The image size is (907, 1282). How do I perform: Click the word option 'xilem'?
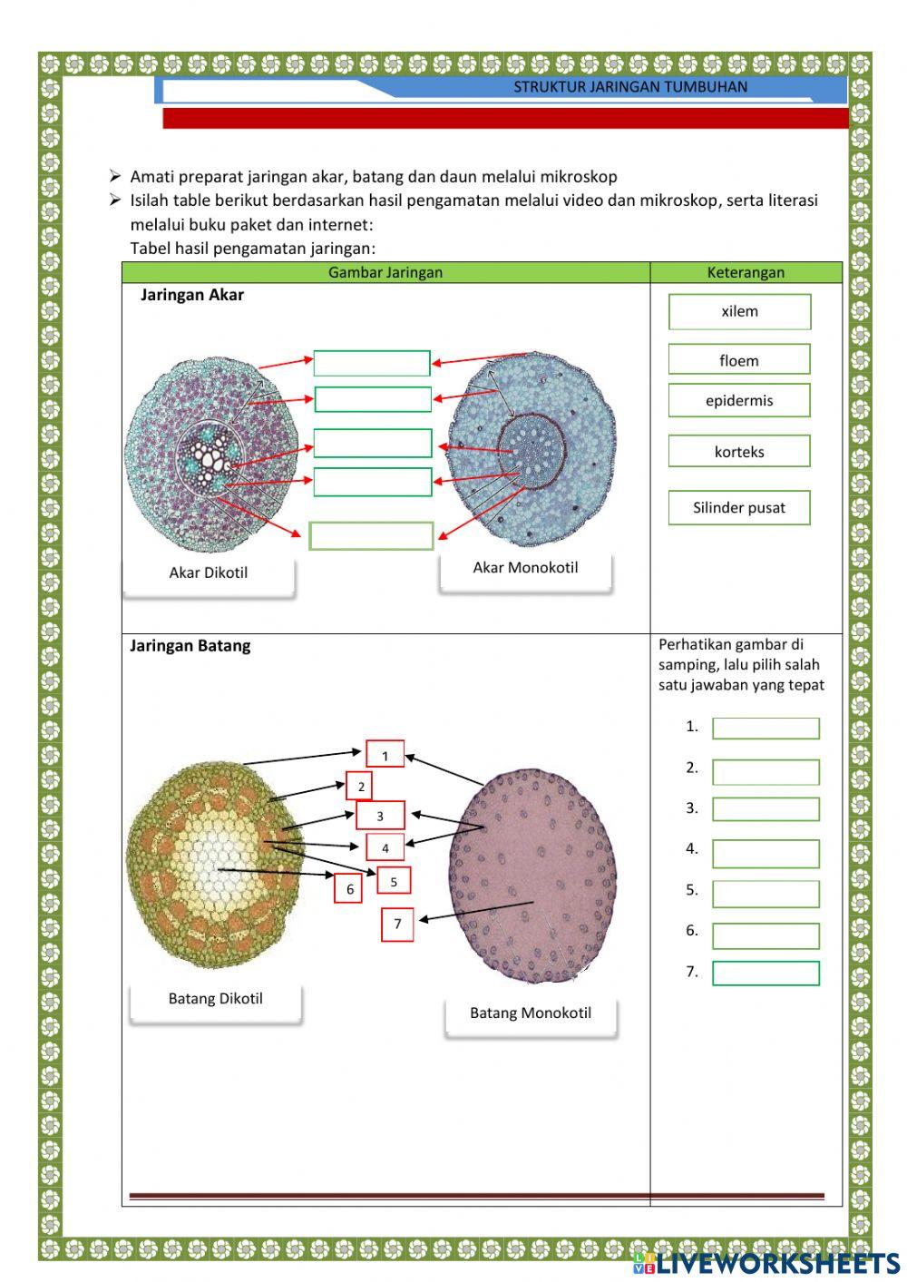[739, 311]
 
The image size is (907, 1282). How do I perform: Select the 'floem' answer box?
[739, 360]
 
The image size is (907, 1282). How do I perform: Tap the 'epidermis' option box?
[739, 400]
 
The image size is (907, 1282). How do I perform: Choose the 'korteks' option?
[739, 452]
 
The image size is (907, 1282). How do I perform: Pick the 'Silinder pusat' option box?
[739, 507]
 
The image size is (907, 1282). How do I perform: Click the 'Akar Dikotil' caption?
[209, 572]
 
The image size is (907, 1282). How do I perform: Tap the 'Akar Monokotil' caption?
[525, 568]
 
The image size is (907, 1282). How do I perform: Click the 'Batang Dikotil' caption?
[216, 999]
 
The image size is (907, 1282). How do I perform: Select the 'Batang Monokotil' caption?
[531, 1013]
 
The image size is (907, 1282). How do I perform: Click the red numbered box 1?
[385, 755]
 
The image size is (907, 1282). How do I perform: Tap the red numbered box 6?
[349, 889]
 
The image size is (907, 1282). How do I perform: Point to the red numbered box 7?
[397, 925]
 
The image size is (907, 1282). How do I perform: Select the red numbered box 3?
[380, 816]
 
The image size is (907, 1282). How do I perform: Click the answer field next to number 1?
[766, 729]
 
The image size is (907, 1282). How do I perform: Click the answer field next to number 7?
[766, 974]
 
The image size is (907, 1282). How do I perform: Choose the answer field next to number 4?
[766, 853]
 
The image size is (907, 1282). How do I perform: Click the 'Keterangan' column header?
[746, 272]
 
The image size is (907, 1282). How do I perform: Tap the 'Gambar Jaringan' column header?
[385, 272]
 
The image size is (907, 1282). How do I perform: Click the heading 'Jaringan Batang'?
[190, 646]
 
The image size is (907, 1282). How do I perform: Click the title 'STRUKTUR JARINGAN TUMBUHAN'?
[630, 87]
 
